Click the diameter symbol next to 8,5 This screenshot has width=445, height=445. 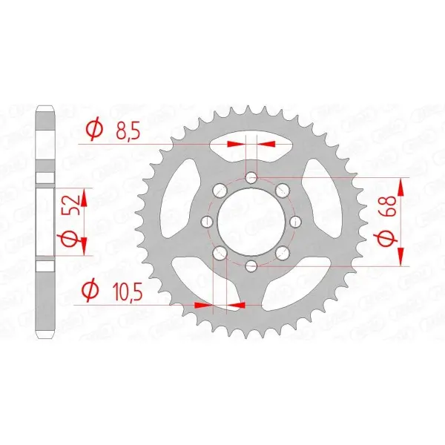(94, 131)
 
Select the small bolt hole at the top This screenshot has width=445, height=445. (251, 177)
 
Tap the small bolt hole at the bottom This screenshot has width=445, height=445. (251, 266)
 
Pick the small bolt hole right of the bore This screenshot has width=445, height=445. (295, 222)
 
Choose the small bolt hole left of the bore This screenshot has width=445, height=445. (207, 222)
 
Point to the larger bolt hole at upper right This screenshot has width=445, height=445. (282, 191)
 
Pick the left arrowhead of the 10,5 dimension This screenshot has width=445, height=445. (200, 304)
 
